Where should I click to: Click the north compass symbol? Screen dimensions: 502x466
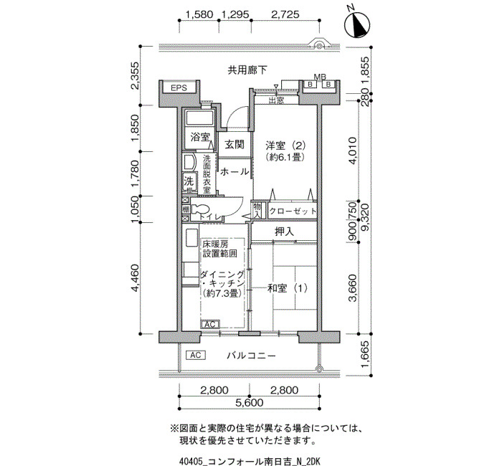pos(357,24)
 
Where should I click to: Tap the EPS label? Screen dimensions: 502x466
pos(179,87)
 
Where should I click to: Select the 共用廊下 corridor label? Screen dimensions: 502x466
pos(247,70)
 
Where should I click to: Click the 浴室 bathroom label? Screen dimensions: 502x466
pos(200,138)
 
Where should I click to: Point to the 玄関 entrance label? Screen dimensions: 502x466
pos(235,144)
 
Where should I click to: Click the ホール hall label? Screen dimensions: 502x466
pos(235,172)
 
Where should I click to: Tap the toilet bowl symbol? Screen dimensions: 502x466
pos(200,210)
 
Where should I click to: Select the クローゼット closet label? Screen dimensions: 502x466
pos(293,211)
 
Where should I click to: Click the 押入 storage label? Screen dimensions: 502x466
pos(284,232)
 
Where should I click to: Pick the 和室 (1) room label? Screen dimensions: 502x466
pos(288,288)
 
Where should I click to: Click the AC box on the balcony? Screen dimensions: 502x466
pos(196,356)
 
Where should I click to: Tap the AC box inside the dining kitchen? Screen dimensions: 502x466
pos(210,324)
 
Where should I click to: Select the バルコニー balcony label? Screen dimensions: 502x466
pos(251,356)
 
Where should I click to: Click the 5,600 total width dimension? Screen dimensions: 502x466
pos(250,403)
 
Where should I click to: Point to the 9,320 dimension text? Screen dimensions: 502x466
pos(365,217)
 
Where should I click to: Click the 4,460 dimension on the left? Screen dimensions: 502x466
pos(136,278)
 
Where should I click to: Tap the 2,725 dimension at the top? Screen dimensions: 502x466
pos(285,14)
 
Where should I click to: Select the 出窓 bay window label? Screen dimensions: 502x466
pos(276,100)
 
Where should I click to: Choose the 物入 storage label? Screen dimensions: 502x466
pos(257,210)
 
